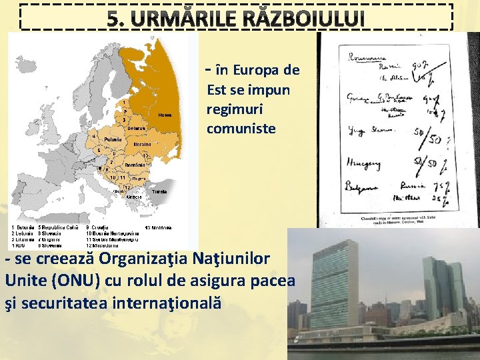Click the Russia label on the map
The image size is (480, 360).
pos(164,115)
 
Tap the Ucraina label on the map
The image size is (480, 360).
pos(141,144)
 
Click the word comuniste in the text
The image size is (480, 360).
pos(241,128)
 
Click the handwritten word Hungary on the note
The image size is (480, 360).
pos(365,161)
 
